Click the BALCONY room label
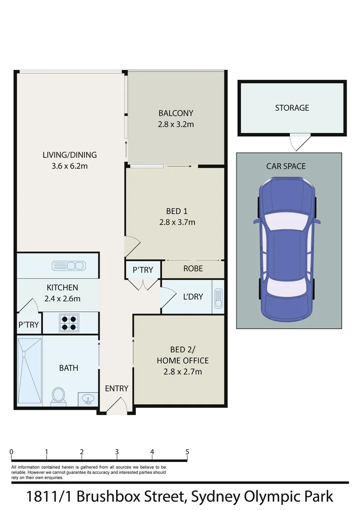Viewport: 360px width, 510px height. click(x=176, y=113)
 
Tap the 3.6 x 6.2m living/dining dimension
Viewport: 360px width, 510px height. click(x=69, y=166)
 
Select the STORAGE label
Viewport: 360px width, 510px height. click(x=292, y=108)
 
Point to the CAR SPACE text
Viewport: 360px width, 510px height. click(x=286, y=166)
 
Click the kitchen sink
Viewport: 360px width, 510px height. click(x=67, y=266)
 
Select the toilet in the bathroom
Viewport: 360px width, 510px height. click(x=59, y=396)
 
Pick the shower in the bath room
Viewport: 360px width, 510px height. click(x=29, y=371)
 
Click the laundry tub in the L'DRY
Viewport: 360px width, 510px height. click(x=218, y=297)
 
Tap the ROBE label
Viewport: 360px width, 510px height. click(x=193, y=268)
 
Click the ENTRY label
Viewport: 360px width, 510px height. click(x=117, y=388)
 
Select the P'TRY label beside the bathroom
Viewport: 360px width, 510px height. click(x=29, y=325)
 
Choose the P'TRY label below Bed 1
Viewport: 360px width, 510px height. click(x=142, y=270)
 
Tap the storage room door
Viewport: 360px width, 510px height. click(x=300, y=142)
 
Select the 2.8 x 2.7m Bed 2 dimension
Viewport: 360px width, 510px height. click(x=182, y=372)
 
